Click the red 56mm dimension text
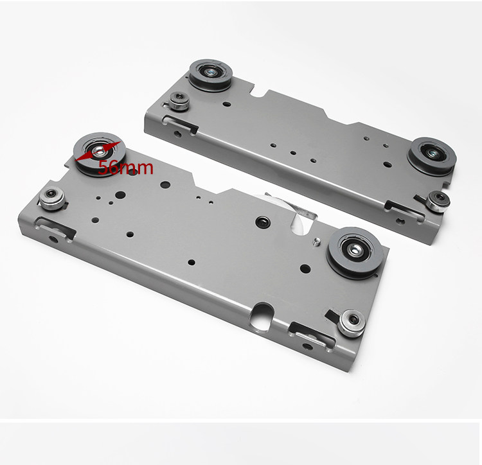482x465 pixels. (x=125, y=168)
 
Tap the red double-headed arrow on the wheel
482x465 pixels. (x=98, y=152)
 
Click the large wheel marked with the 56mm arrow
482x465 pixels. (x=99, y=154)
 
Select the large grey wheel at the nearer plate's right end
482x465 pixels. (x=355, y=253)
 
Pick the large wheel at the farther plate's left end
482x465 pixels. (x=211, y=75)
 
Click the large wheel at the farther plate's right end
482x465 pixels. (x=432, y=156)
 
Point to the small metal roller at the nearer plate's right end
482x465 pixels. (x=352, y=323)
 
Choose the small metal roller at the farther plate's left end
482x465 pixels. (x=179, y=101)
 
